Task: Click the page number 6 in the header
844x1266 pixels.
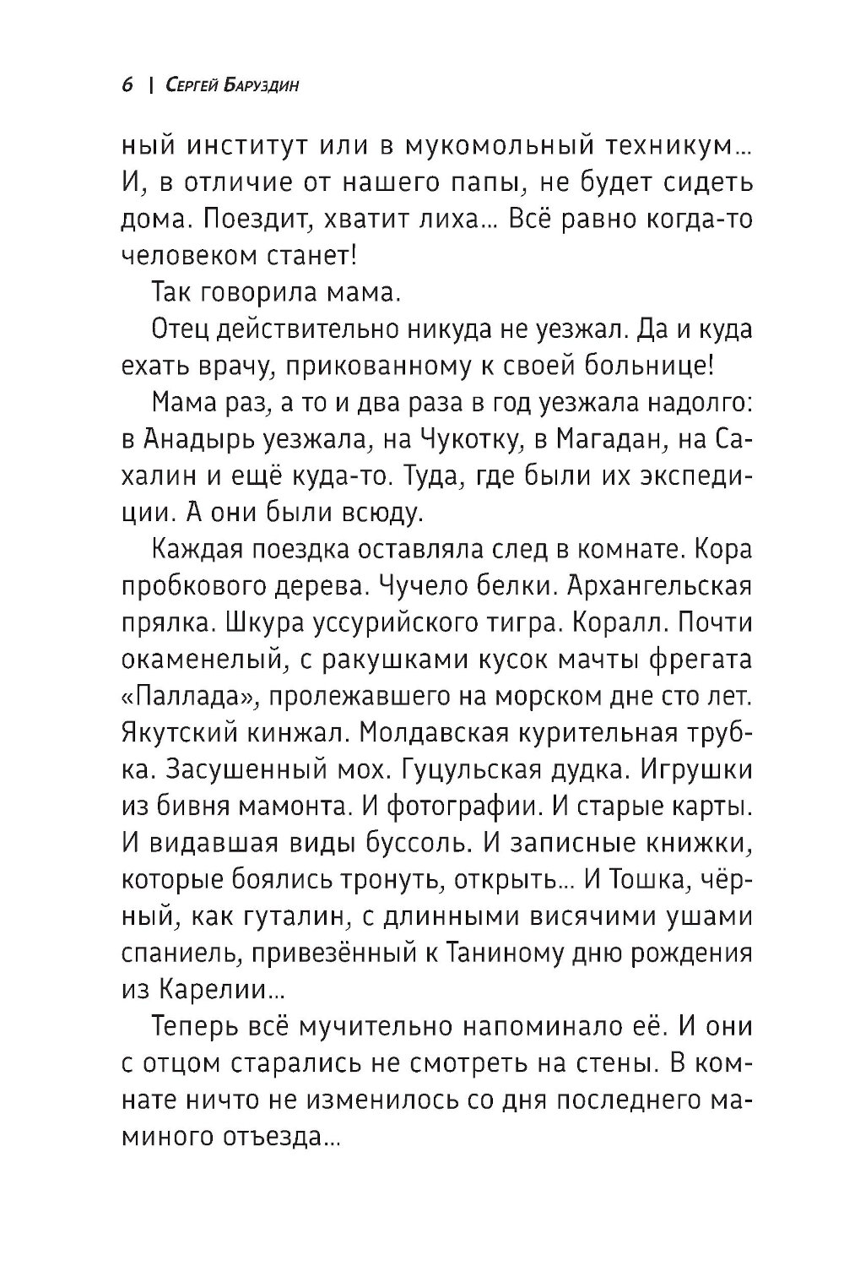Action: [127, 86]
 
